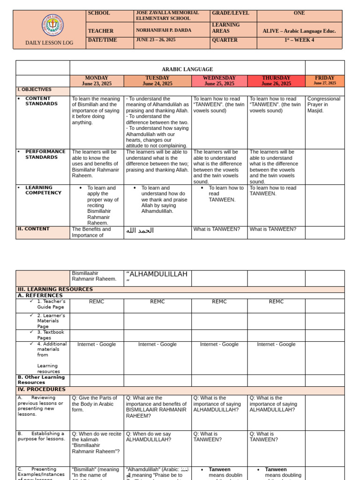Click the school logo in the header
tap(52, 25)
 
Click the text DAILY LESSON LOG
tap(49, 43)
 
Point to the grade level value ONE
tap(299, 13)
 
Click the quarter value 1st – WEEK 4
tap(299, 40)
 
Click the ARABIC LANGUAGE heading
tap(187, 69)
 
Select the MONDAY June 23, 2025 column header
tap(97, 81)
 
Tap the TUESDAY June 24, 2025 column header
tap(157, 81)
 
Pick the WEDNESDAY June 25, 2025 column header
tap(219, 81)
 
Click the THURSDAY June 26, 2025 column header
tap(276, 81)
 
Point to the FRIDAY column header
tap(324, 80)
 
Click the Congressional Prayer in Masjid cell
tap(323, 105)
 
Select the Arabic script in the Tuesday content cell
tap(140, 230)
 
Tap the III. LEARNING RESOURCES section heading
tap(55, 289)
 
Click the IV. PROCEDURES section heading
tap(42, 390)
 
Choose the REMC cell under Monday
tap(97, 301)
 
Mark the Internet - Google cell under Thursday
tap(276, 344)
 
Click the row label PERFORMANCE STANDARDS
tap(45, 154)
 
